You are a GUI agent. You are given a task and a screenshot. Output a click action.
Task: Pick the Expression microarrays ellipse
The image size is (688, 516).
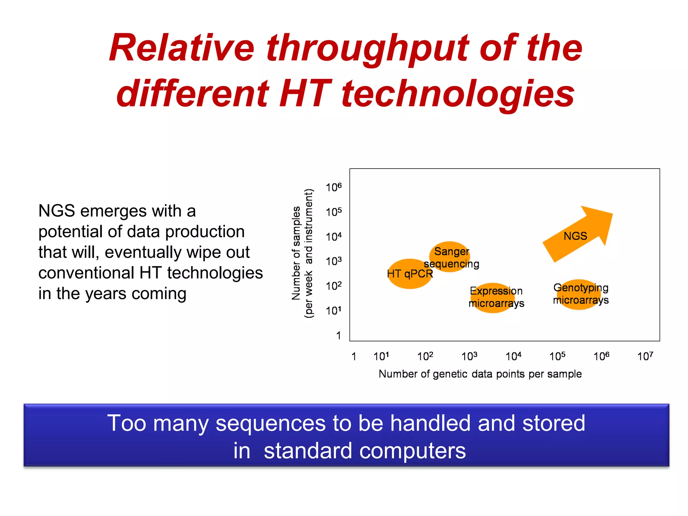(493, 298)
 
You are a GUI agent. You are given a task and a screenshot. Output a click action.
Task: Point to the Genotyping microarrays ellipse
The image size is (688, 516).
(580, 294)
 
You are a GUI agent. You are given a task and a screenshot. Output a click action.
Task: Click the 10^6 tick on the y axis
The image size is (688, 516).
(334, 187)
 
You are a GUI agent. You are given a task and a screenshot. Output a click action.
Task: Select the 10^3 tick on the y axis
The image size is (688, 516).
(334, 261)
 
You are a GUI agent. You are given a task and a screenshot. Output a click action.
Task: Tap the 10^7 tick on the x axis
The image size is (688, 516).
(645, 356)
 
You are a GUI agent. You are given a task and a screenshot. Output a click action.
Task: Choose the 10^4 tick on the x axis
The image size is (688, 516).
(513, 356)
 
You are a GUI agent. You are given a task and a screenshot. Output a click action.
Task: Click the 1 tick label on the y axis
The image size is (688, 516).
(339, 335)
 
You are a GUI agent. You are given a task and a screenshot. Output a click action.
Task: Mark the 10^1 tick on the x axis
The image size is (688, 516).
(381, 356)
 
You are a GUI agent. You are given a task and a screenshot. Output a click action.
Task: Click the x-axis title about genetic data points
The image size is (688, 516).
(480, 374)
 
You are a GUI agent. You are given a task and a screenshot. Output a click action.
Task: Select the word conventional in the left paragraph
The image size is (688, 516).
(86, 273)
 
